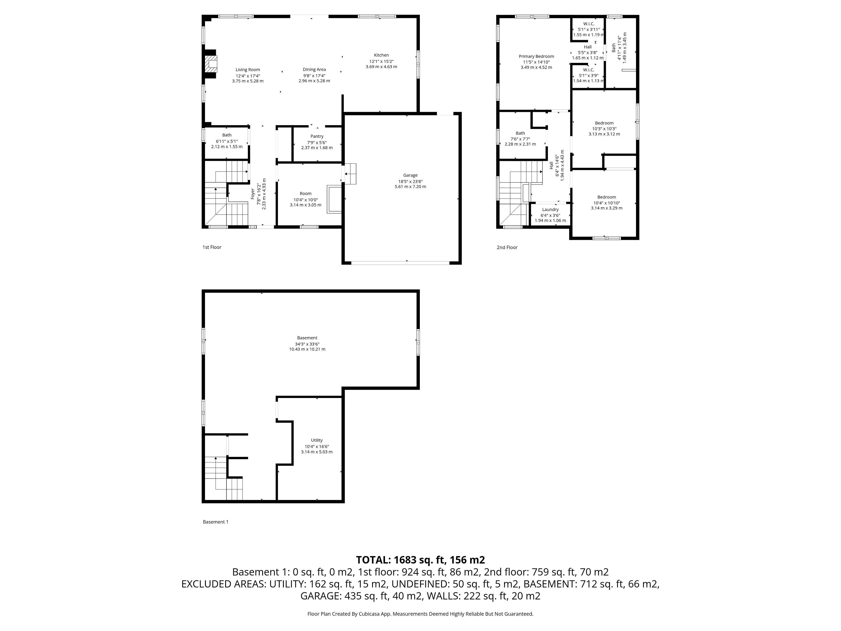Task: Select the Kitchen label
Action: tap(381, 55)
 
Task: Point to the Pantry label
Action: tap(317, 136)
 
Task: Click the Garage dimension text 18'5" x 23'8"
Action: tap(410, 181)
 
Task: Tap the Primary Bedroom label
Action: tap(536, 56)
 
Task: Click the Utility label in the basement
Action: tap(317, 440)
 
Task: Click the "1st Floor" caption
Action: tap(212, 247)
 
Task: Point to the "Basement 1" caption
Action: tap(216, 522)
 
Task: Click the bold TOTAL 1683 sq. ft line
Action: tap(420, 560)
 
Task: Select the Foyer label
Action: tap(253, 194)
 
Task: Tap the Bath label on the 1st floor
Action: tap(227, 135)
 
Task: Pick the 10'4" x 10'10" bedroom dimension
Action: tap(606, 203)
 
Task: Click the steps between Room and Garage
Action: tap(350, 174)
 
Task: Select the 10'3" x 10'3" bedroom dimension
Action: tap(604, 129)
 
